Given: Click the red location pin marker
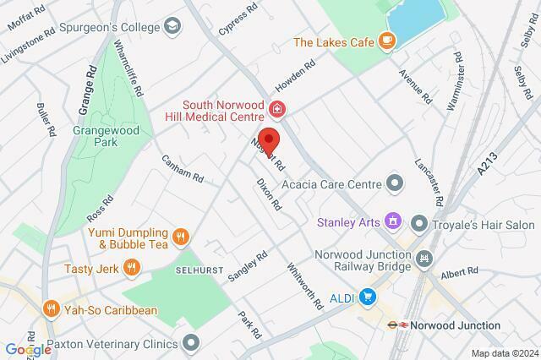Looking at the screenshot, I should [x=268, y=141].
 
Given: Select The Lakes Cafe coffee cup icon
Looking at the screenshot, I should [x=386, y=39].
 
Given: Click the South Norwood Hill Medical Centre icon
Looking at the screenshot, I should [x=276, y=109].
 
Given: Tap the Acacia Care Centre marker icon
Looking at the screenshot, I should [x=394, y=182].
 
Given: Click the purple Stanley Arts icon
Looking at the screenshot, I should [x=391, y=221].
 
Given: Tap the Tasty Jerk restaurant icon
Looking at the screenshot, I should [x=131, y=268].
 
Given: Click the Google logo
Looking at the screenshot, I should [x=27, y=350].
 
